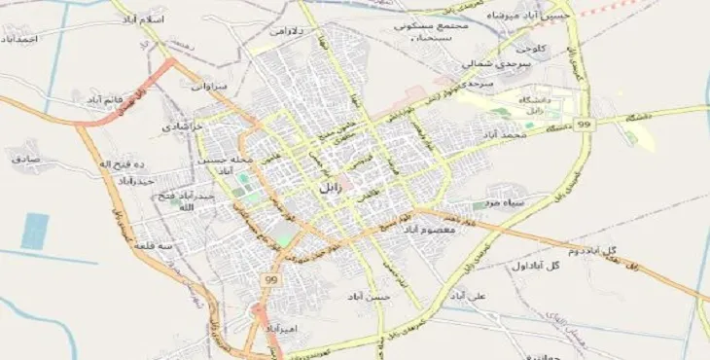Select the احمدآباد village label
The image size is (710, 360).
pyautogui.click(x=19, y=39)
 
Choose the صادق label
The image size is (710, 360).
pyautogui.click(x=24, y=157)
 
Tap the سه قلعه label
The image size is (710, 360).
pyautogui.click(x=153, y=246)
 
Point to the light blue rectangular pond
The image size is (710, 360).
pyautogui.click(x=35, y=231)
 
